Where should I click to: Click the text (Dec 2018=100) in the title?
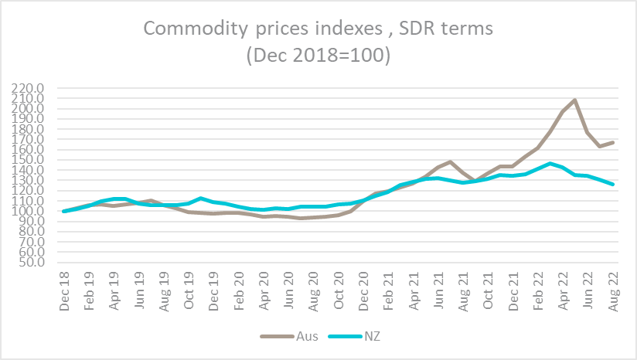pos(318,57)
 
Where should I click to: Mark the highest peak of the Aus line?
pos(574,100)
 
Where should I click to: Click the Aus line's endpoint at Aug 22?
pos(614,142)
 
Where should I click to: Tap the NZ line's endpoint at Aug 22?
pos(614,185)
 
